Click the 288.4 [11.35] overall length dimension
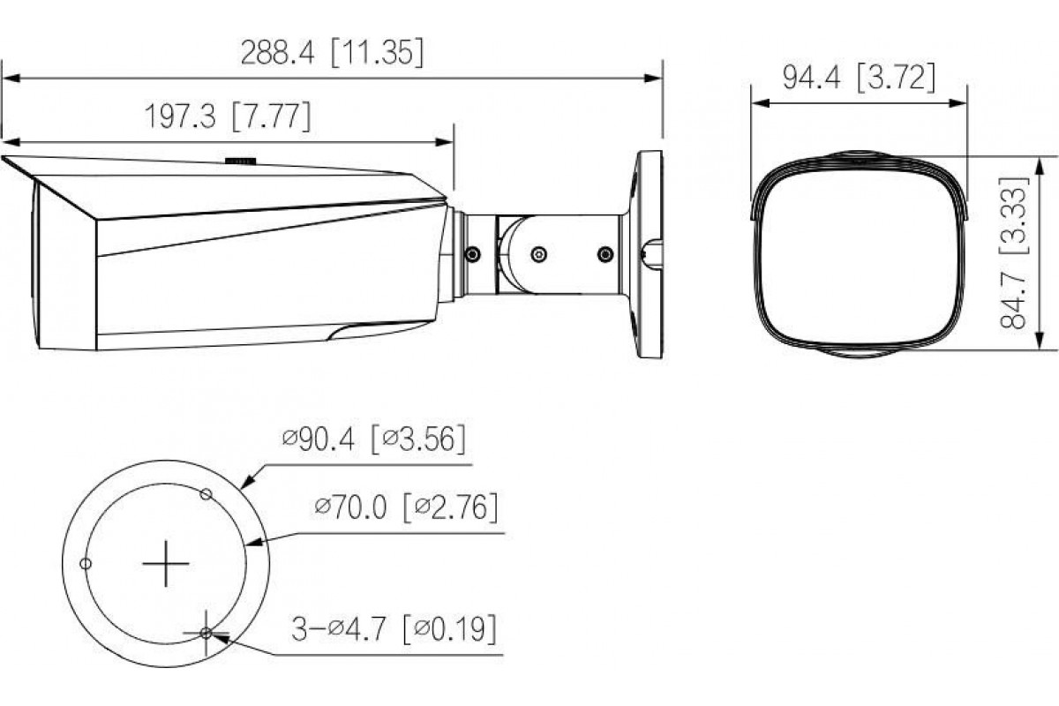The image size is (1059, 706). pos(333,52)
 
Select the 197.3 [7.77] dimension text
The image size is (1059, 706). pos(228,116)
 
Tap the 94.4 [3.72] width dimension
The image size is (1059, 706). pos(859,78)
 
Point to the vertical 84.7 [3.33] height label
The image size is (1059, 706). pos(1013,252)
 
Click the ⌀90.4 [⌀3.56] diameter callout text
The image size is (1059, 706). pos(374,439)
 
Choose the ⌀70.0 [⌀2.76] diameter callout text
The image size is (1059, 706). pos(406,507)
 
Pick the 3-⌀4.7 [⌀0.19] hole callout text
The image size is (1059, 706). pos(394,629)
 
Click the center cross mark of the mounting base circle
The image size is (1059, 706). pos(166,564)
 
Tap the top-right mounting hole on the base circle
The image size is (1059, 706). pos(206,494)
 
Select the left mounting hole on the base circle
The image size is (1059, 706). pos(86,564)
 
